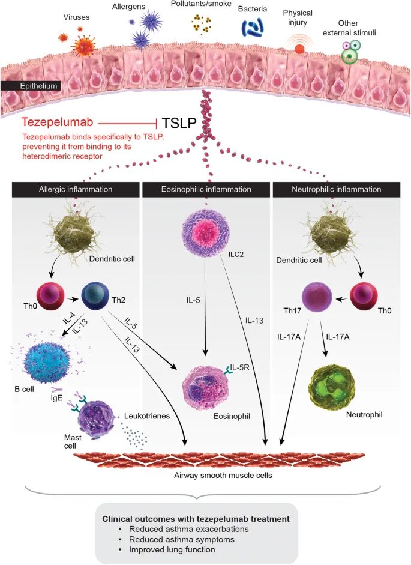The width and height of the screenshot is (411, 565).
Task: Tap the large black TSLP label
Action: (x=179, y=122)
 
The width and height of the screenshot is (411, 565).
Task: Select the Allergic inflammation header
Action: (x=75, y=189)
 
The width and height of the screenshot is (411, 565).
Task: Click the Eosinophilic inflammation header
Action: (x=206, y=189)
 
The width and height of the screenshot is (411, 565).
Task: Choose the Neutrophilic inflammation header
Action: (x=337, y=189)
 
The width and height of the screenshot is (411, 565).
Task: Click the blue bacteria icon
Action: (x=253, y=28)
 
